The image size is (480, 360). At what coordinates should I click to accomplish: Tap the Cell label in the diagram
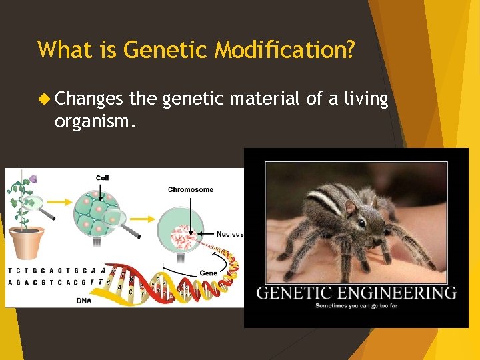coord(102,178)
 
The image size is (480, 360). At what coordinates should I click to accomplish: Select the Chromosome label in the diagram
coord(191,190)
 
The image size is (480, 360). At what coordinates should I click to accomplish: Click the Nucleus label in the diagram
coord(230,234)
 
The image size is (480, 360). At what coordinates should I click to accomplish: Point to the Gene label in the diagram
coord(208,273)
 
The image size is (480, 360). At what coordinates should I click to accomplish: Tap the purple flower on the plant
coord(33,179)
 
